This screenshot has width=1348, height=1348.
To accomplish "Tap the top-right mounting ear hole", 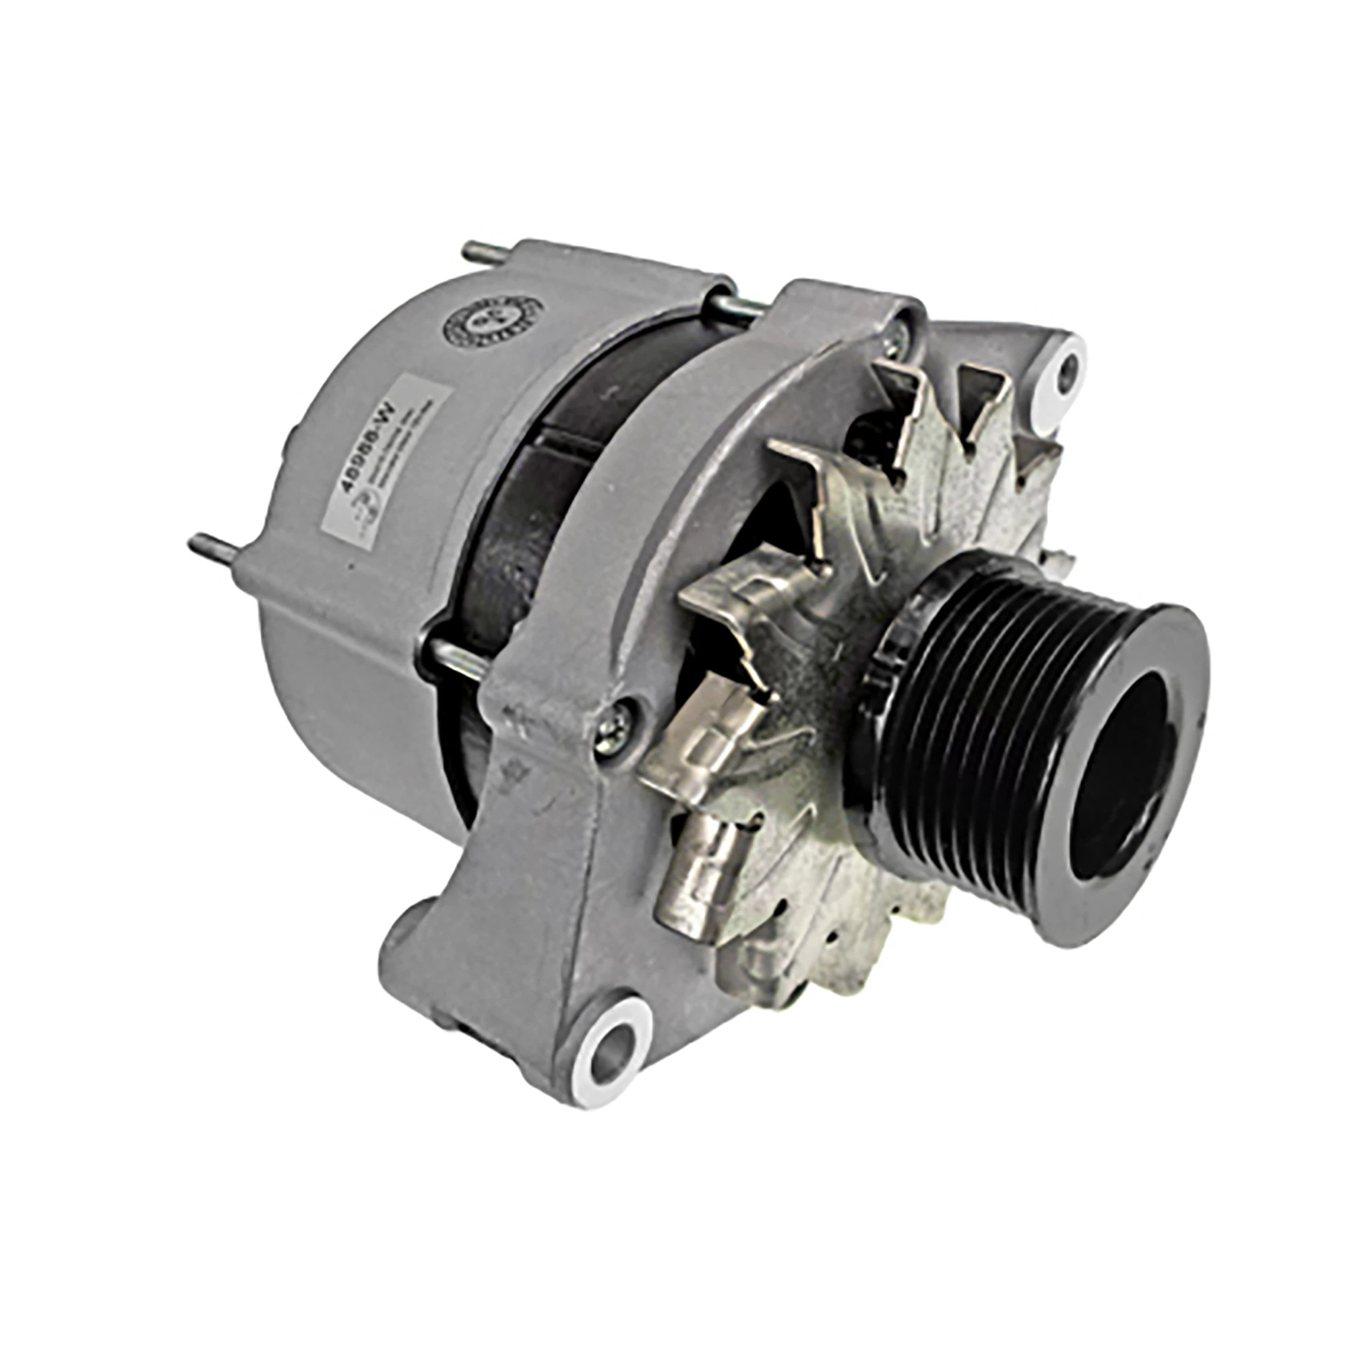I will pyautogui.click(x=1066, y=365).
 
